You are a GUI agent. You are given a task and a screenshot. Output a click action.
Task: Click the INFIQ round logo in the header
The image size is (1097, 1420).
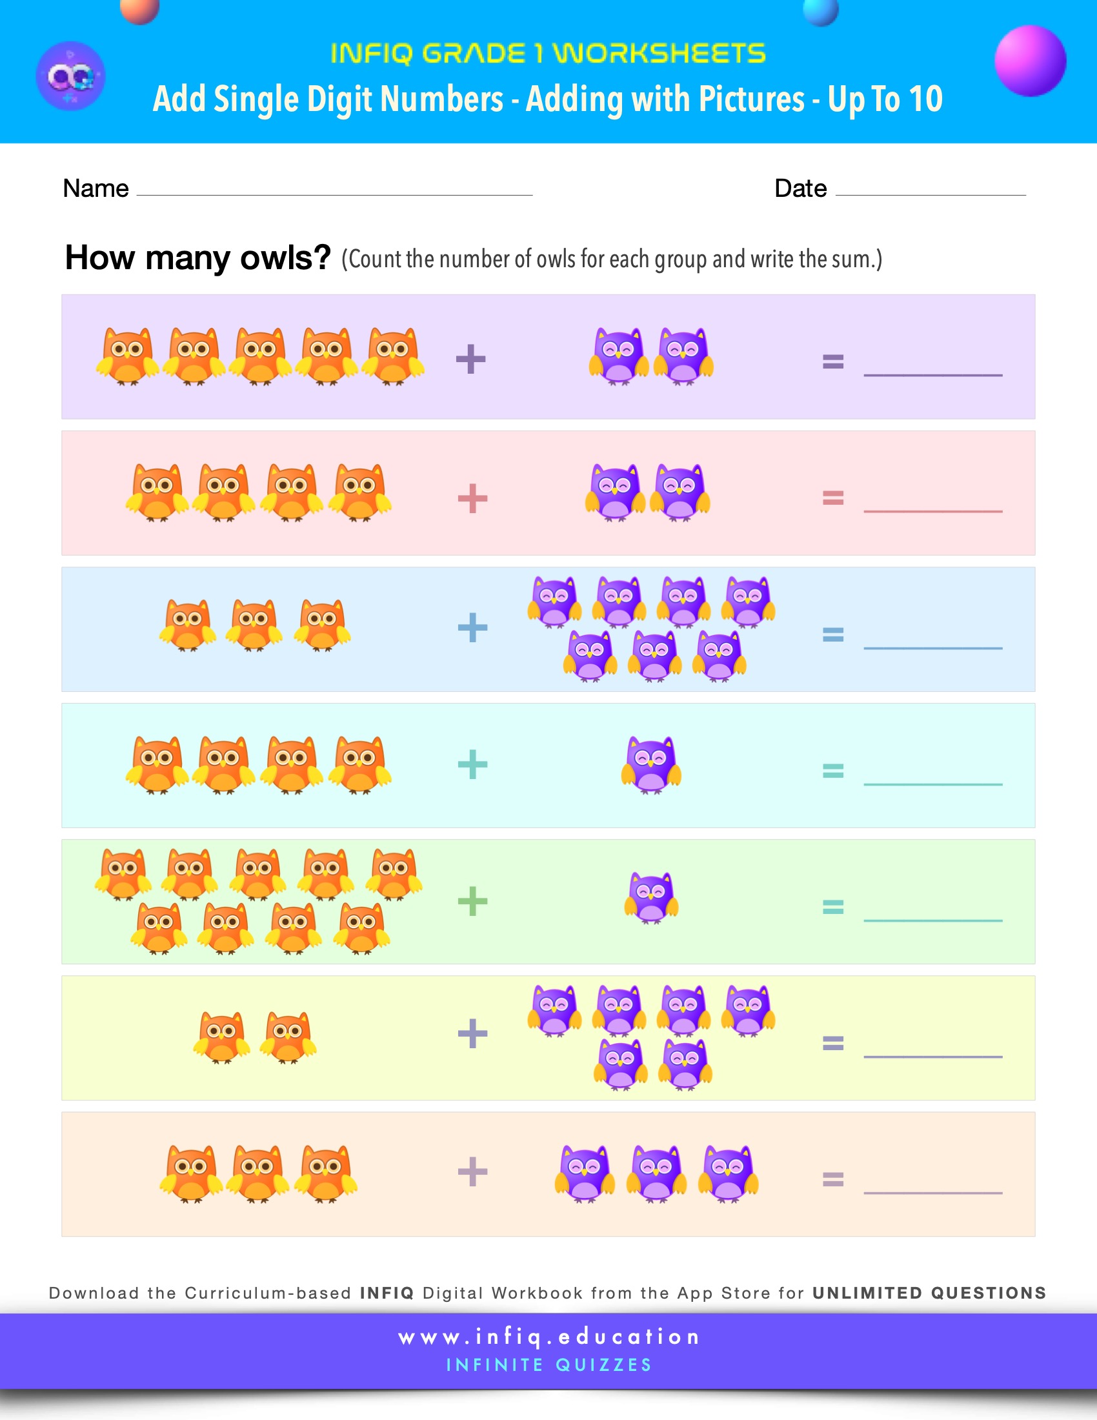[70, 76]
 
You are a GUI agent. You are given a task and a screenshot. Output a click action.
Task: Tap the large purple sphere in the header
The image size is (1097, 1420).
[1030, 61]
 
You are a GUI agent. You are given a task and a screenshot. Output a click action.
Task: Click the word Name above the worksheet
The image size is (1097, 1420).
[96, 188]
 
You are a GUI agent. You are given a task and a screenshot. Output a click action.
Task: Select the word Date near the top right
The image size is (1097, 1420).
[800, 188]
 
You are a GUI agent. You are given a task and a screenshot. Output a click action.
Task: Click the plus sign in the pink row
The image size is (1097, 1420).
[472, 499]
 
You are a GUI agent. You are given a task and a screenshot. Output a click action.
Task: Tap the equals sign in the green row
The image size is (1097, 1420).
[833, 906]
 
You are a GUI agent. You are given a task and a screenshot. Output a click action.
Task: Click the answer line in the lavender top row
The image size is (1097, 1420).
[932, 374]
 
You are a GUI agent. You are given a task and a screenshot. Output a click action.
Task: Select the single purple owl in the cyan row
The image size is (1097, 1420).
[651, 766]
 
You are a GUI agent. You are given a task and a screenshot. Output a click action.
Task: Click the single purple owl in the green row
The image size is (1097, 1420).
[651, 898]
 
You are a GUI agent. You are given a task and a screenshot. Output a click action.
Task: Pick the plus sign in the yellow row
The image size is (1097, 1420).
[472, 1033]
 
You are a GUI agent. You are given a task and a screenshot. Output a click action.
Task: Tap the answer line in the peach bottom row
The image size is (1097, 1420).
[932, 1192]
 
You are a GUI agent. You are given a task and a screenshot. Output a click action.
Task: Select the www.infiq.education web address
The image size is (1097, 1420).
[548, 1337]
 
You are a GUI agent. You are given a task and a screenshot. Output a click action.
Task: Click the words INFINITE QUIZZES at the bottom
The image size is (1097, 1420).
[548, 1364]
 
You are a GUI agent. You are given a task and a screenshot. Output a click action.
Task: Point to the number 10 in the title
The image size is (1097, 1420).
[925, 99]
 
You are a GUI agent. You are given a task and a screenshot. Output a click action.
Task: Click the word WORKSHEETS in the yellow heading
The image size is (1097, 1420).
[659, 54]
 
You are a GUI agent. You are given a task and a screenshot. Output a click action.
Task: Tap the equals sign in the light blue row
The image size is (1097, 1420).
[833, 634]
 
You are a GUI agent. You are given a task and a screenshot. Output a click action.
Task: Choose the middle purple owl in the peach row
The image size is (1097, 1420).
[656, 1173]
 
